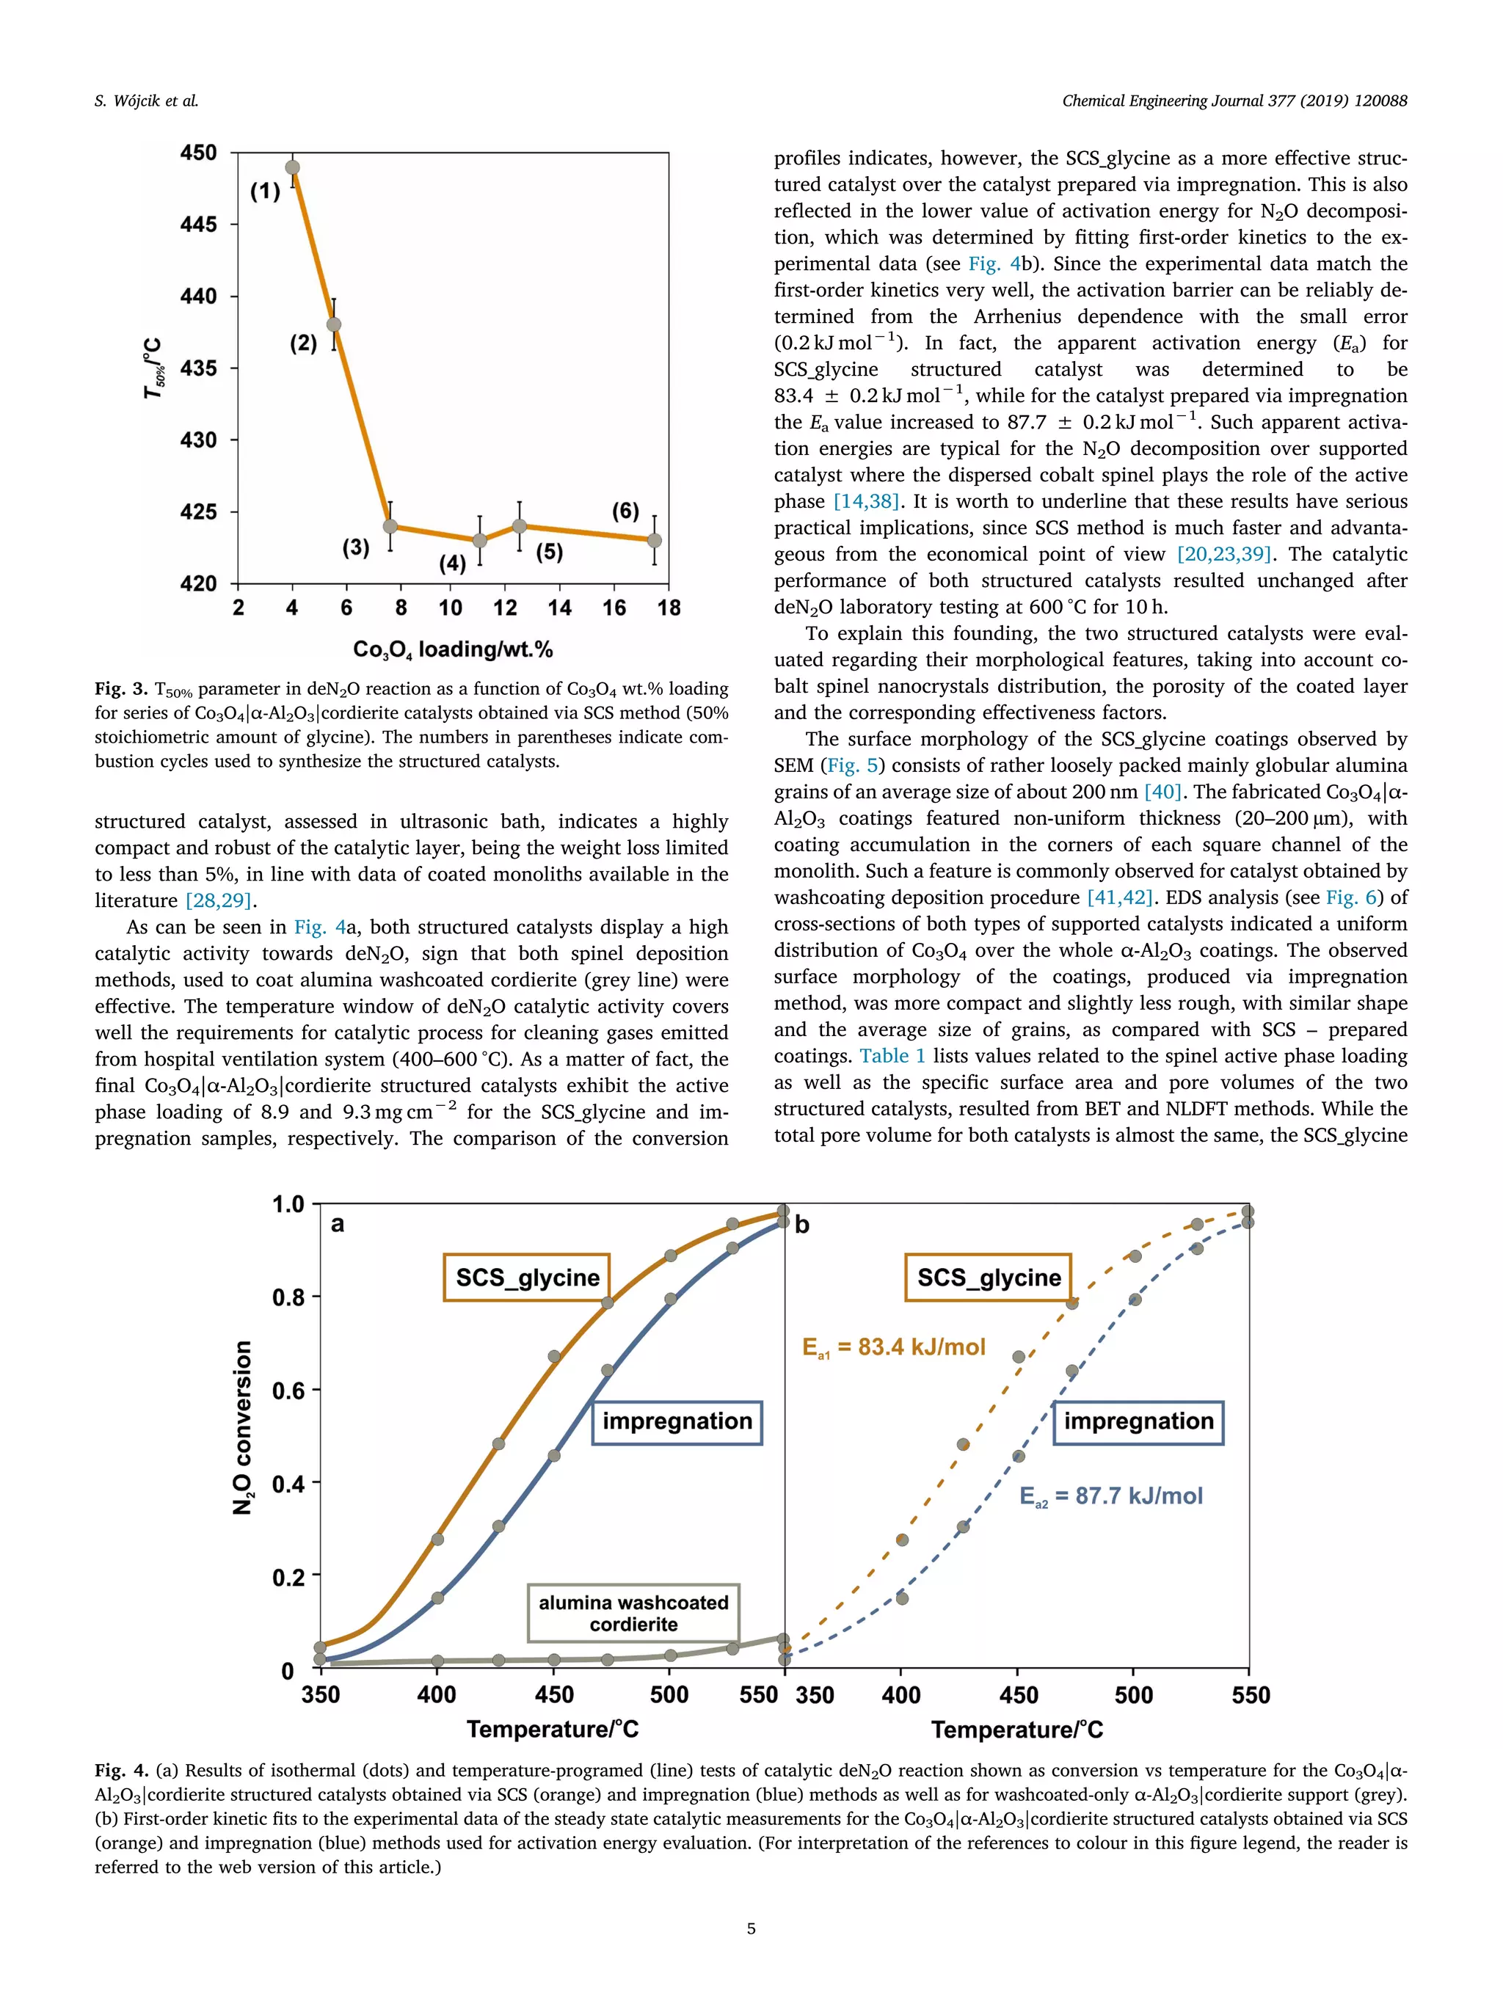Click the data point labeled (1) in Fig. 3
point(293,167)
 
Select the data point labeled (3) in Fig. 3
point(390,526)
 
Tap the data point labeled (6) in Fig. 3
point(654,540)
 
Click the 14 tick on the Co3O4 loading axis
point(559,608)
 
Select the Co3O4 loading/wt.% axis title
point(453,649)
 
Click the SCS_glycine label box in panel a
point(527,1278)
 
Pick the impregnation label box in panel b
point(1139,1421)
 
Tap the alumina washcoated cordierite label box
point(633,1613)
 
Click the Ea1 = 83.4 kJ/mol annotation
point(893,1347)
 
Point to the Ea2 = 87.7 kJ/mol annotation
point(1110,1495)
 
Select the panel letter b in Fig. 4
point(802,1225)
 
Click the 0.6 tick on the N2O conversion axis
point(289,1391)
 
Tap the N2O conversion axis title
point(242,1427)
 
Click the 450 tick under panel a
point(553,1695)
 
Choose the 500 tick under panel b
point(1133,1695)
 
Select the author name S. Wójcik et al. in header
point(146,101)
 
